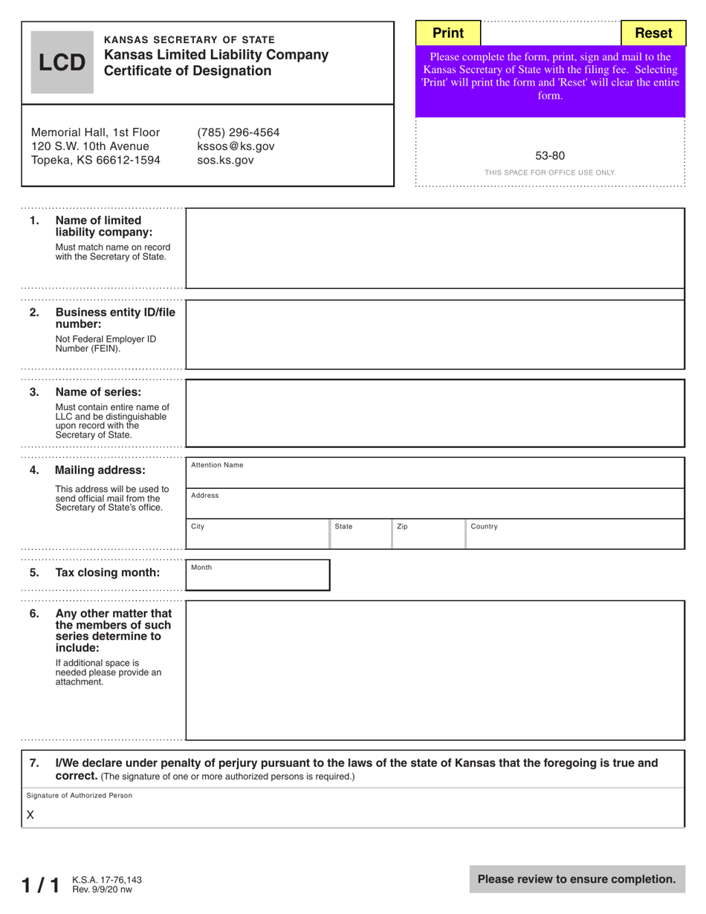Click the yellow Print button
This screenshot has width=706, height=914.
click(448, 33)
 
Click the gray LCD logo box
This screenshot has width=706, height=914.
click(62, 62)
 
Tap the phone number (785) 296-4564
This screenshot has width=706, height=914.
click(238, 132)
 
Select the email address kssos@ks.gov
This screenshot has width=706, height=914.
click(236, 146)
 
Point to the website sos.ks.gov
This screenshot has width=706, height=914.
click(225, 160)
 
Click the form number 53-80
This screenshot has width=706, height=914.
click(550, 156)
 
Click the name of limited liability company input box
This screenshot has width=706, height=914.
click(435, 248)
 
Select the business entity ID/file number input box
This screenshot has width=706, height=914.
click(435, 334)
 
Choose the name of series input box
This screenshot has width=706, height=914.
click(435, 413)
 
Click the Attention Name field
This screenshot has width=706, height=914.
click(435, 473)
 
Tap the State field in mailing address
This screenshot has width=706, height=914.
click(360, 534)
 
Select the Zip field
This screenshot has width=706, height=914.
click(429, 534)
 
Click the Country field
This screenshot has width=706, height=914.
click(574, 534)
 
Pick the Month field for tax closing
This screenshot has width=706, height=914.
click(257, 575)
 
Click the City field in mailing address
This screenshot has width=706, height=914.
click(257, 534)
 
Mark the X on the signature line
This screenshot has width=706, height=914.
click(30, 814)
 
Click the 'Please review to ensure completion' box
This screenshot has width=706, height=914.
click(577, 879)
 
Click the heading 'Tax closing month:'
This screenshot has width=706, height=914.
click(107, 573)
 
